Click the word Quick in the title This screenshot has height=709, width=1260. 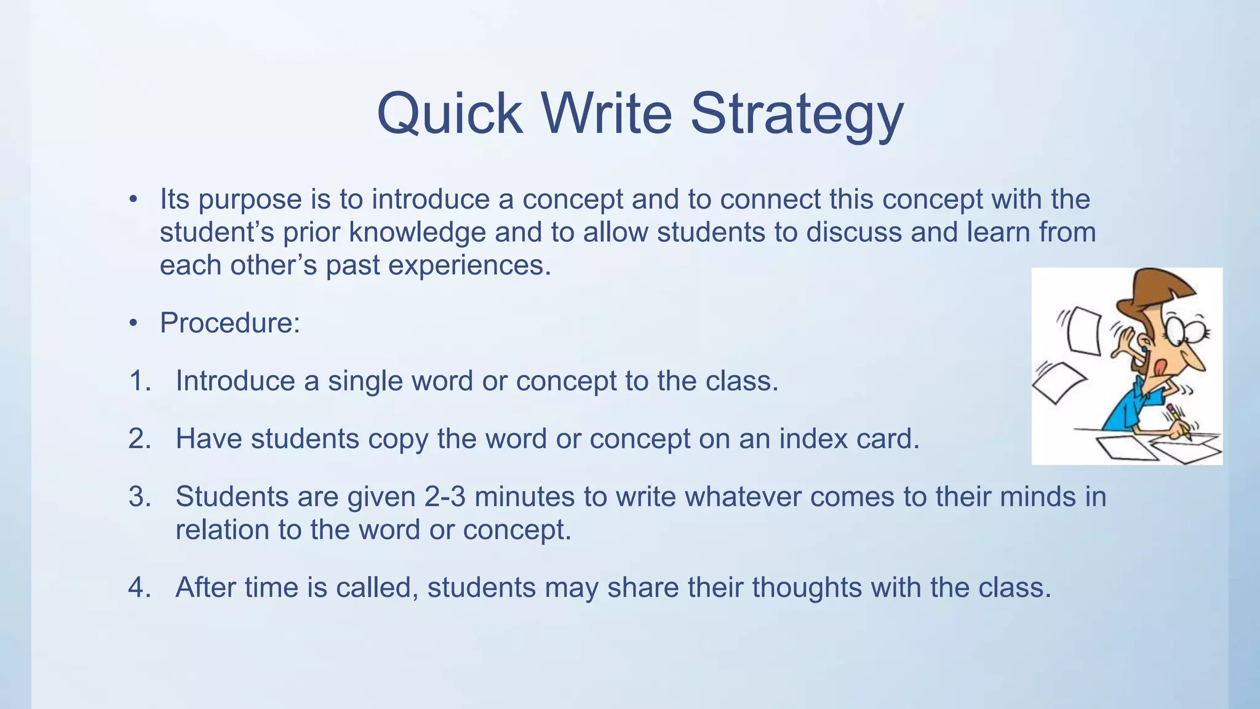(449, 114)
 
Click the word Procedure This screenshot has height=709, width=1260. (229, 323)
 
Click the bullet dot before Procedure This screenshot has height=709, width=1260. (133, 323)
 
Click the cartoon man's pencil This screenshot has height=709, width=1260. (1179, 421)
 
